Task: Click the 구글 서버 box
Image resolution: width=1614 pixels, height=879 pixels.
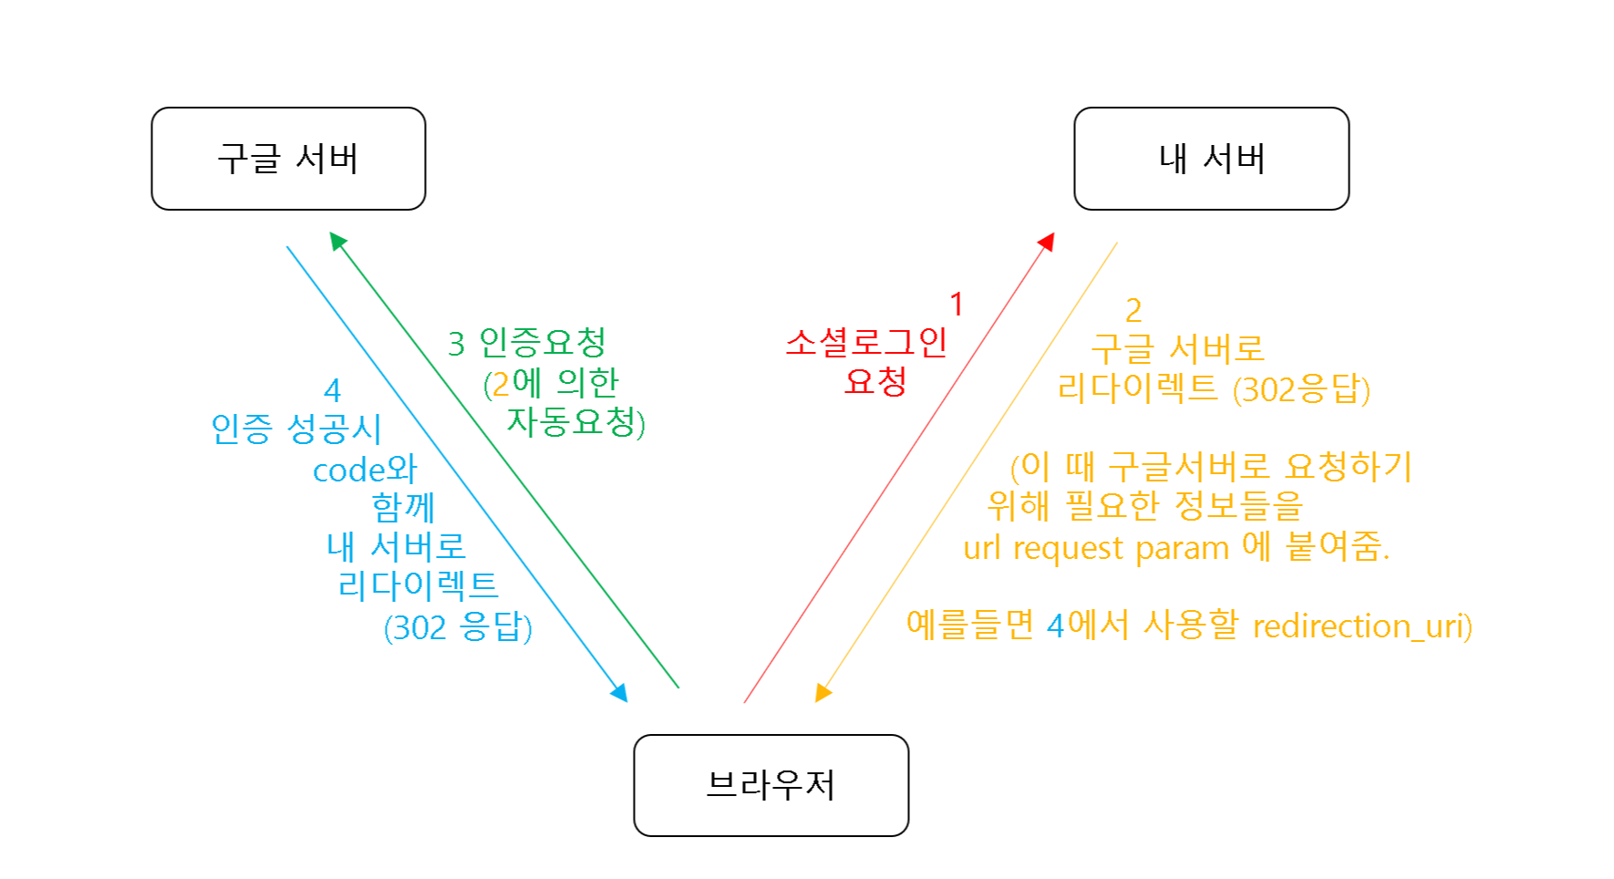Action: (288, 159)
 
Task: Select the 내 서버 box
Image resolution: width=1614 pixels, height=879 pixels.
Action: (1211, 159)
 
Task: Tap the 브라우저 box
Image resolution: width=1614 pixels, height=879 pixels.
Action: (771, 785)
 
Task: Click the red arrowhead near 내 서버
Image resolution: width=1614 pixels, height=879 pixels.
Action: (1048, 242)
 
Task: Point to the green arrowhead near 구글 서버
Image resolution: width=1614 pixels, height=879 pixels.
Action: (337, 241)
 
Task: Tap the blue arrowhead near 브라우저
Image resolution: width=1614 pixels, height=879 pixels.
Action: (619, 693)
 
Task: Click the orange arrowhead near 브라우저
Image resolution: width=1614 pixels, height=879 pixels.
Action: (823, 694)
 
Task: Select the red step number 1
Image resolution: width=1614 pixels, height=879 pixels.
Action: (957, 305)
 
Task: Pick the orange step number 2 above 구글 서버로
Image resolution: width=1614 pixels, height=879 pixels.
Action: (1133, 311)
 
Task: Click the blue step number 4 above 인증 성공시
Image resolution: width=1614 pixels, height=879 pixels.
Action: (333, 391)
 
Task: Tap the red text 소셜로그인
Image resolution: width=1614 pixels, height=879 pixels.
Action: (866, 342)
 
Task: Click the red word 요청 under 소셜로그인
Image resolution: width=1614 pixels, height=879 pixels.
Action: (875, 381)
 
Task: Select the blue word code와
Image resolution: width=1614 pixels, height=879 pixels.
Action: (365, 470)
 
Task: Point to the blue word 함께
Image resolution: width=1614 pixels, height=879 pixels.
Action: (403, 507)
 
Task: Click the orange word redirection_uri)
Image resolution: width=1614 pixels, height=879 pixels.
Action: (1362, 626)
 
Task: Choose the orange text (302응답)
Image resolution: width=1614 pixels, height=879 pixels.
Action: (1302, 390)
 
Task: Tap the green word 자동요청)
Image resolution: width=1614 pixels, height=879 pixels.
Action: (575, 422)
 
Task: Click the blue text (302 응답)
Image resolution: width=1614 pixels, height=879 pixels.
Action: (458, 627)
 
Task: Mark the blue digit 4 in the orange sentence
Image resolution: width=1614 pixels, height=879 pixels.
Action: (1055, 626)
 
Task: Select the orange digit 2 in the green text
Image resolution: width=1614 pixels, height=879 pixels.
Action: (501, 384)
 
